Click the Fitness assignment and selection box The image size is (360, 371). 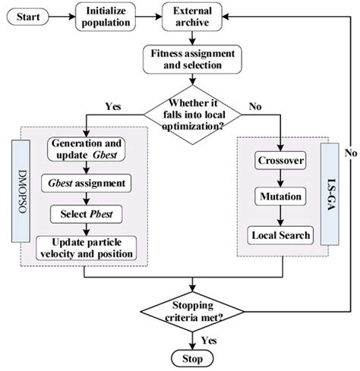click(195, 58)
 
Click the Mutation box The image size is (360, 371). click(280, 198)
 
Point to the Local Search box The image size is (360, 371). click(280, 235)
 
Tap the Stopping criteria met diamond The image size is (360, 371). click(195, 311)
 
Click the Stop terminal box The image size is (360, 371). click(195, 357)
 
